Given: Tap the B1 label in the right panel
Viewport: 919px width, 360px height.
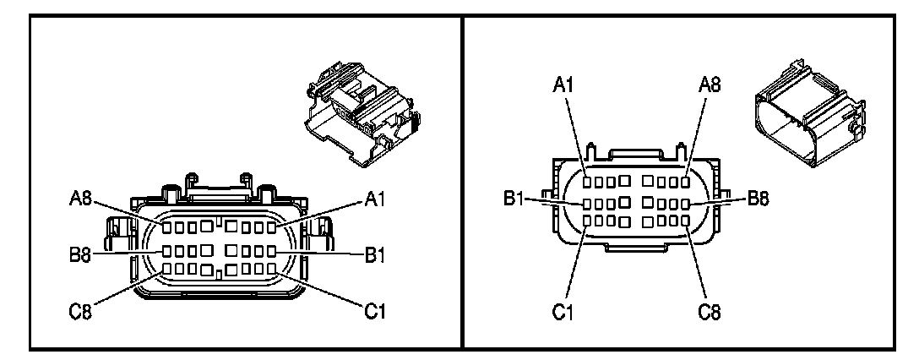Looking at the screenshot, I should point(515,199).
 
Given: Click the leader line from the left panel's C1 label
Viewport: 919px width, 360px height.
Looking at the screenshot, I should point(324,292).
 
